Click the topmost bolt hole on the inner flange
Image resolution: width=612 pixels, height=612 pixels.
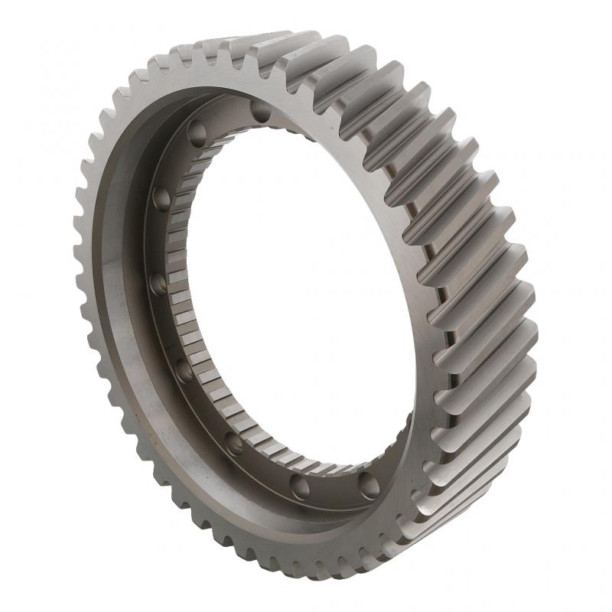point(261,112)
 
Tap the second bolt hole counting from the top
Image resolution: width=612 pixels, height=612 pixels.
point(197,135)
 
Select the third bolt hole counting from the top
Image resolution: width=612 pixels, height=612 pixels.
point(161,199)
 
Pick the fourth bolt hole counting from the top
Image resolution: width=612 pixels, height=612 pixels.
point(158,284)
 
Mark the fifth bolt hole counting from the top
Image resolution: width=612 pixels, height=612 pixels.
point(184,370)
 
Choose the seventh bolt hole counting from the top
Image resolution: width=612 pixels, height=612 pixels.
point(300,485)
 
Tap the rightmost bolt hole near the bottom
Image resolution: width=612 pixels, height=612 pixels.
point(369,484)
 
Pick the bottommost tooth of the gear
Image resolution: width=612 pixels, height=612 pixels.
point(329,570)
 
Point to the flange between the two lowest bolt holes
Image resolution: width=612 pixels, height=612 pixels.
point(334,490)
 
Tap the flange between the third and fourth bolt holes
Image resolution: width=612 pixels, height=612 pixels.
point(157,241)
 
